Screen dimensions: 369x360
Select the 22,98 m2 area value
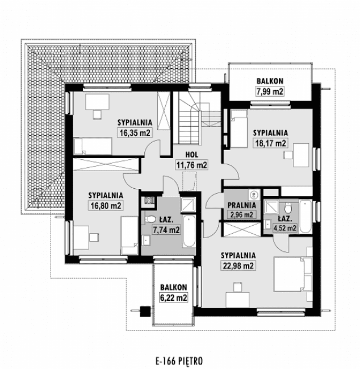tap(237, 266)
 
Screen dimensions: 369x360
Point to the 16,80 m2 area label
tap(105, 206)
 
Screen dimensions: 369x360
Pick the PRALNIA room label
tap(242, 205)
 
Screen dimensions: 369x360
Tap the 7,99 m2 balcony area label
tap(269, 91)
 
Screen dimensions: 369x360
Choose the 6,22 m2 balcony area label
tap(173, 297)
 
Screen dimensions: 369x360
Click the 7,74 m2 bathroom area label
tap(166, 230)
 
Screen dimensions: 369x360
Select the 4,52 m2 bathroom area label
tap(284, 228)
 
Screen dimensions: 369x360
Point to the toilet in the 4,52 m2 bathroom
tap(283, 208)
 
